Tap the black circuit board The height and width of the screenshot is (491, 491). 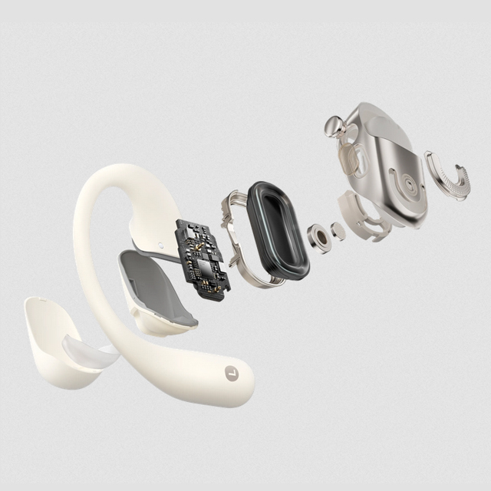point(203,259)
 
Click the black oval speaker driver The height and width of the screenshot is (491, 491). point(277,231)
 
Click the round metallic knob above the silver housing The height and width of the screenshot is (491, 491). point(334,126)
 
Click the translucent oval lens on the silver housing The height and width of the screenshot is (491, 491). point(353,160)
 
